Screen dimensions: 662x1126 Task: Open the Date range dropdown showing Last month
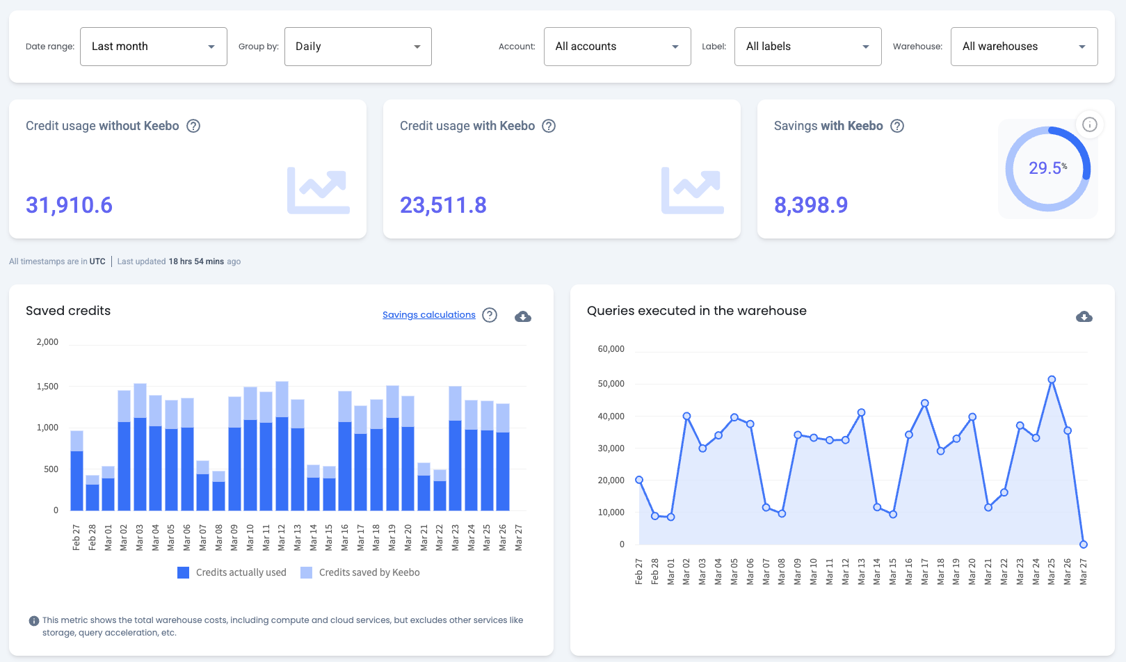click(x=153, y=47)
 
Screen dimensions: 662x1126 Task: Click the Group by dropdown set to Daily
click(x=357, y=47)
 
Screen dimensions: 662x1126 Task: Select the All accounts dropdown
click(x=617, y=47)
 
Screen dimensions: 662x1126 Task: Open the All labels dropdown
click(x=807, y=47)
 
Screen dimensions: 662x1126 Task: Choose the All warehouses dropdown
click(x=1024, y=47)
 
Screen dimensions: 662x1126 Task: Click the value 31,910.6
click(x=69, y=205)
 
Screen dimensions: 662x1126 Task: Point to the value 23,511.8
click(x=443, y=205)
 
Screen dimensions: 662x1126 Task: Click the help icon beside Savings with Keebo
click(x=897, y=126)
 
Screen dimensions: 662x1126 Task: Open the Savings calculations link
click(x=428, y=315)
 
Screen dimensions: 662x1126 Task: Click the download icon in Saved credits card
click(x=523, y=316)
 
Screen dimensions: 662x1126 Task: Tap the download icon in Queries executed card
click(x=1084, y=316)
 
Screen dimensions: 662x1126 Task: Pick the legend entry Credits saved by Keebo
click(x=360, y=572)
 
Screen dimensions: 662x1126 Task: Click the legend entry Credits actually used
click(x=232, y=572)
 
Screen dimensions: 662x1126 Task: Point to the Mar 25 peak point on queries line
click(x=1052, y=380)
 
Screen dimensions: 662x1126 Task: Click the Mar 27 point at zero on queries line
click(x=1083, y=544)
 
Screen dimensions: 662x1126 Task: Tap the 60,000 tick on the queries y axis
click(x=611, y=349)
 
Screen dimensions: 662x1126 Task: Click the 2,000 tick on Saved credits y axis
click(x=47, y=342)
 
